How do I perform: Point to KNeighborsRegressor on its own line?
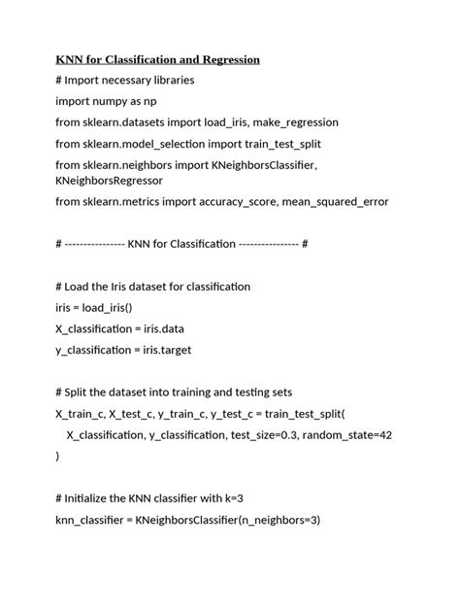point(109,181)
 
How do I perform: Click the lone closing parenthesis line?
point(57,456)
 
